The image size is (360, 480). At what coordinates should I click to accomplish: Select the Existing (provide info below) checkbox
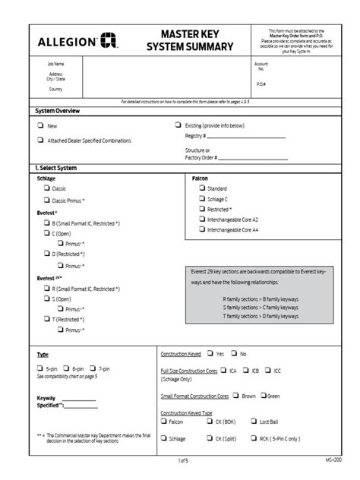tap(178, 125)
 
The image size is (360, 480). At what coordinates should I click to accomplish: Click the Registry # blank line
tap(246, 137)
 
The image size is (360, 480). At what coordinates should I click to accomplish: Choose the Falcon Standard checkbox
tap(201, 188)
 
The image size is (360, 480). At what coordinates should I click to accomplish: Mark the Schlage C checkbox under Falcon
tap(201, 198)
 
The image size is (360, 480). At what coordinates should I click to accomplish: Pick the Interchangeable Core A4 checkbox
tap(201, 229)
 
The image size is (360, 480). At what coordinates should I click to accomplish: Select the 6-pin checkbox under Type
tap(68, 368)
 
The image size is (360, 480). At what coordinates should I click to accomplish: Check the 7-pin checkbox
tap(95, 368)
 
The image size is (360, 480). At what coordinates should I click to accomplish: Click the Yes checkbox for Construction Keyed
tap(210, 354)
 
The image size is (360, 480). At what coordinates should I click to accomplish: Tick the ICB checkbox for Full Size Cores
tap(247, 371)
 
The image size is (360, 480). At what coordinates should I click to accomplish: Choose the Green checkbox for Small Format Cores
tap(264, 396)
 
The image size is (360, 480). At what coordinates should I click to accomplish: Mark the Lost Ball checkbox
tap(253, 422)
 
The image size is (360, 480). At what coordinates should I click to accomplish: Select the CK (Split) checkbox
tap(209, 438)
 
